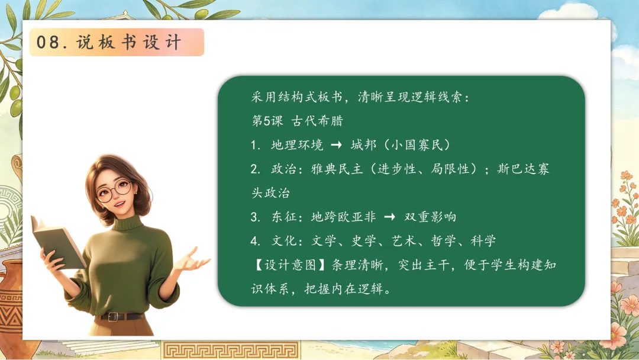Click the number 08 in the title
(48, 43)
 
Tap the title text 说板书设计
(129, 43)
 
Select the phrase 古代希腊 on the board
(317, 121)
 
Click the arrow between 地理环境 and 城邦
(336, 144)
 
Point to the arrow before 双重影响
(389, 217)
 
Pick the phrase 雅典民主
(337, 169)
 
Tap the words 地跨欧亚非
(343, 217)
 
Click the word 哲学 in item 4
(443, 241)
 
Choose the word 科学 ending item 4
(483, 241)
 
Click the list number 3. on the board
(256, 217)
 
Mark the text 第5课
(267, 121)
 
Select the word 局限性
(450, 169)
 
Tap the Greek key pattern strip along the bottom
(230, 351)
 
